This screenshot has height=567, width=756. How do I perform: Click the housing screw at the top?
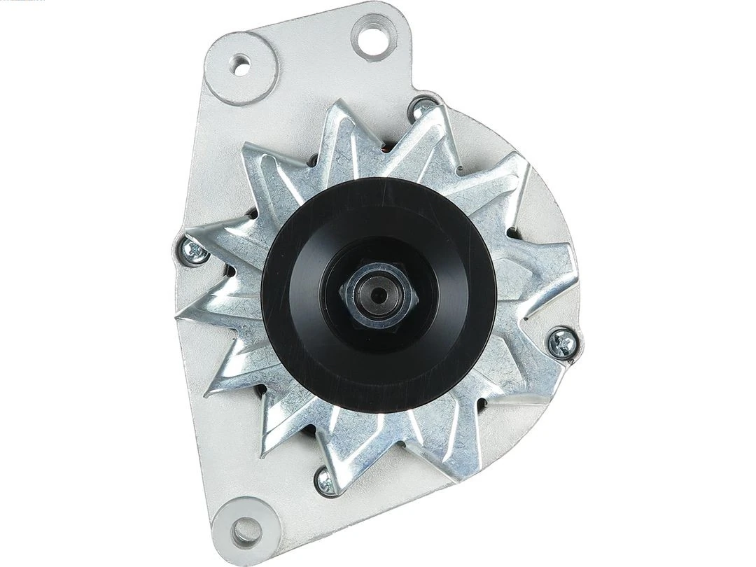click(422, 108)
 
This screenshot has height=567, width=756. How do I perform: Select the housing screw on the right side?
click(563, 342)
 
